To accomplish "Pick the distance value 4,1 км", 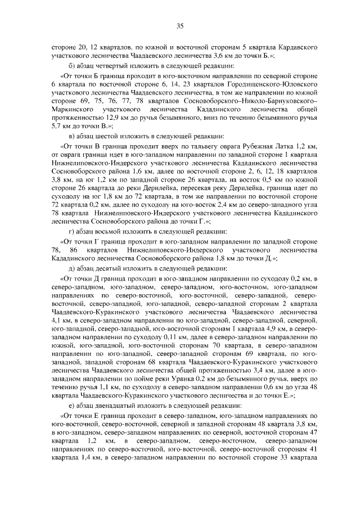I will coord(57,319).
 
